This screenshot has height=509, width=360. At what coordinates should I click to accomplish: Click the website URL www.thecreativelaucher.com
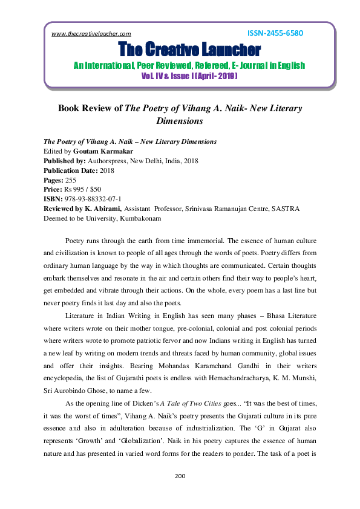click(91, 34)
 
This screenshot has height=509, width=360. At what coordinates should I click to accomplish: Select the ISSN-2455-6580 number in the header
click(275, 33)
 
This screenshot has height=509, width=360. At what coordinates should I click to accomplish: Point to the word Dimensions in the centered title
click(180, 121)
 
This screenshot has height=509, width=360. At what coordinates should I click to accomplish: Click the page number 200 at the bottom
click(180, 476)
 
